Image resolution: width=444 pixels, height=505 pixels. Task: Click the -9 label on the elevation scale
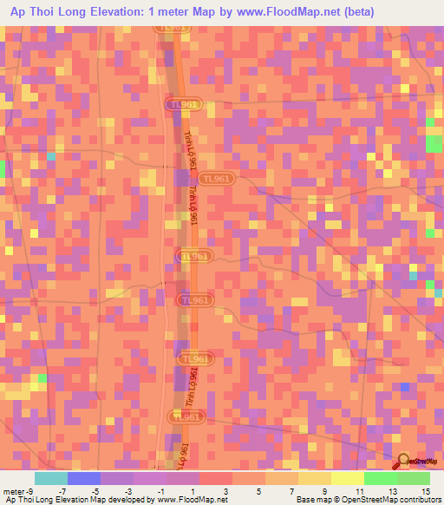31,490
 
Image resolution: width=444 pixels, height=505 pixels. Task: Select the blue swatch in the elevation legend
83,478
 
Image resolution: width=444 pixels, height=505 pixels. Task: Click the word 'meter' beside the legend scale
13,490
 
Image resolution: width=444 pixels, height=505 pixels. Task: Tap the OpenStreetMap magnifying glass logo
405,462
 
